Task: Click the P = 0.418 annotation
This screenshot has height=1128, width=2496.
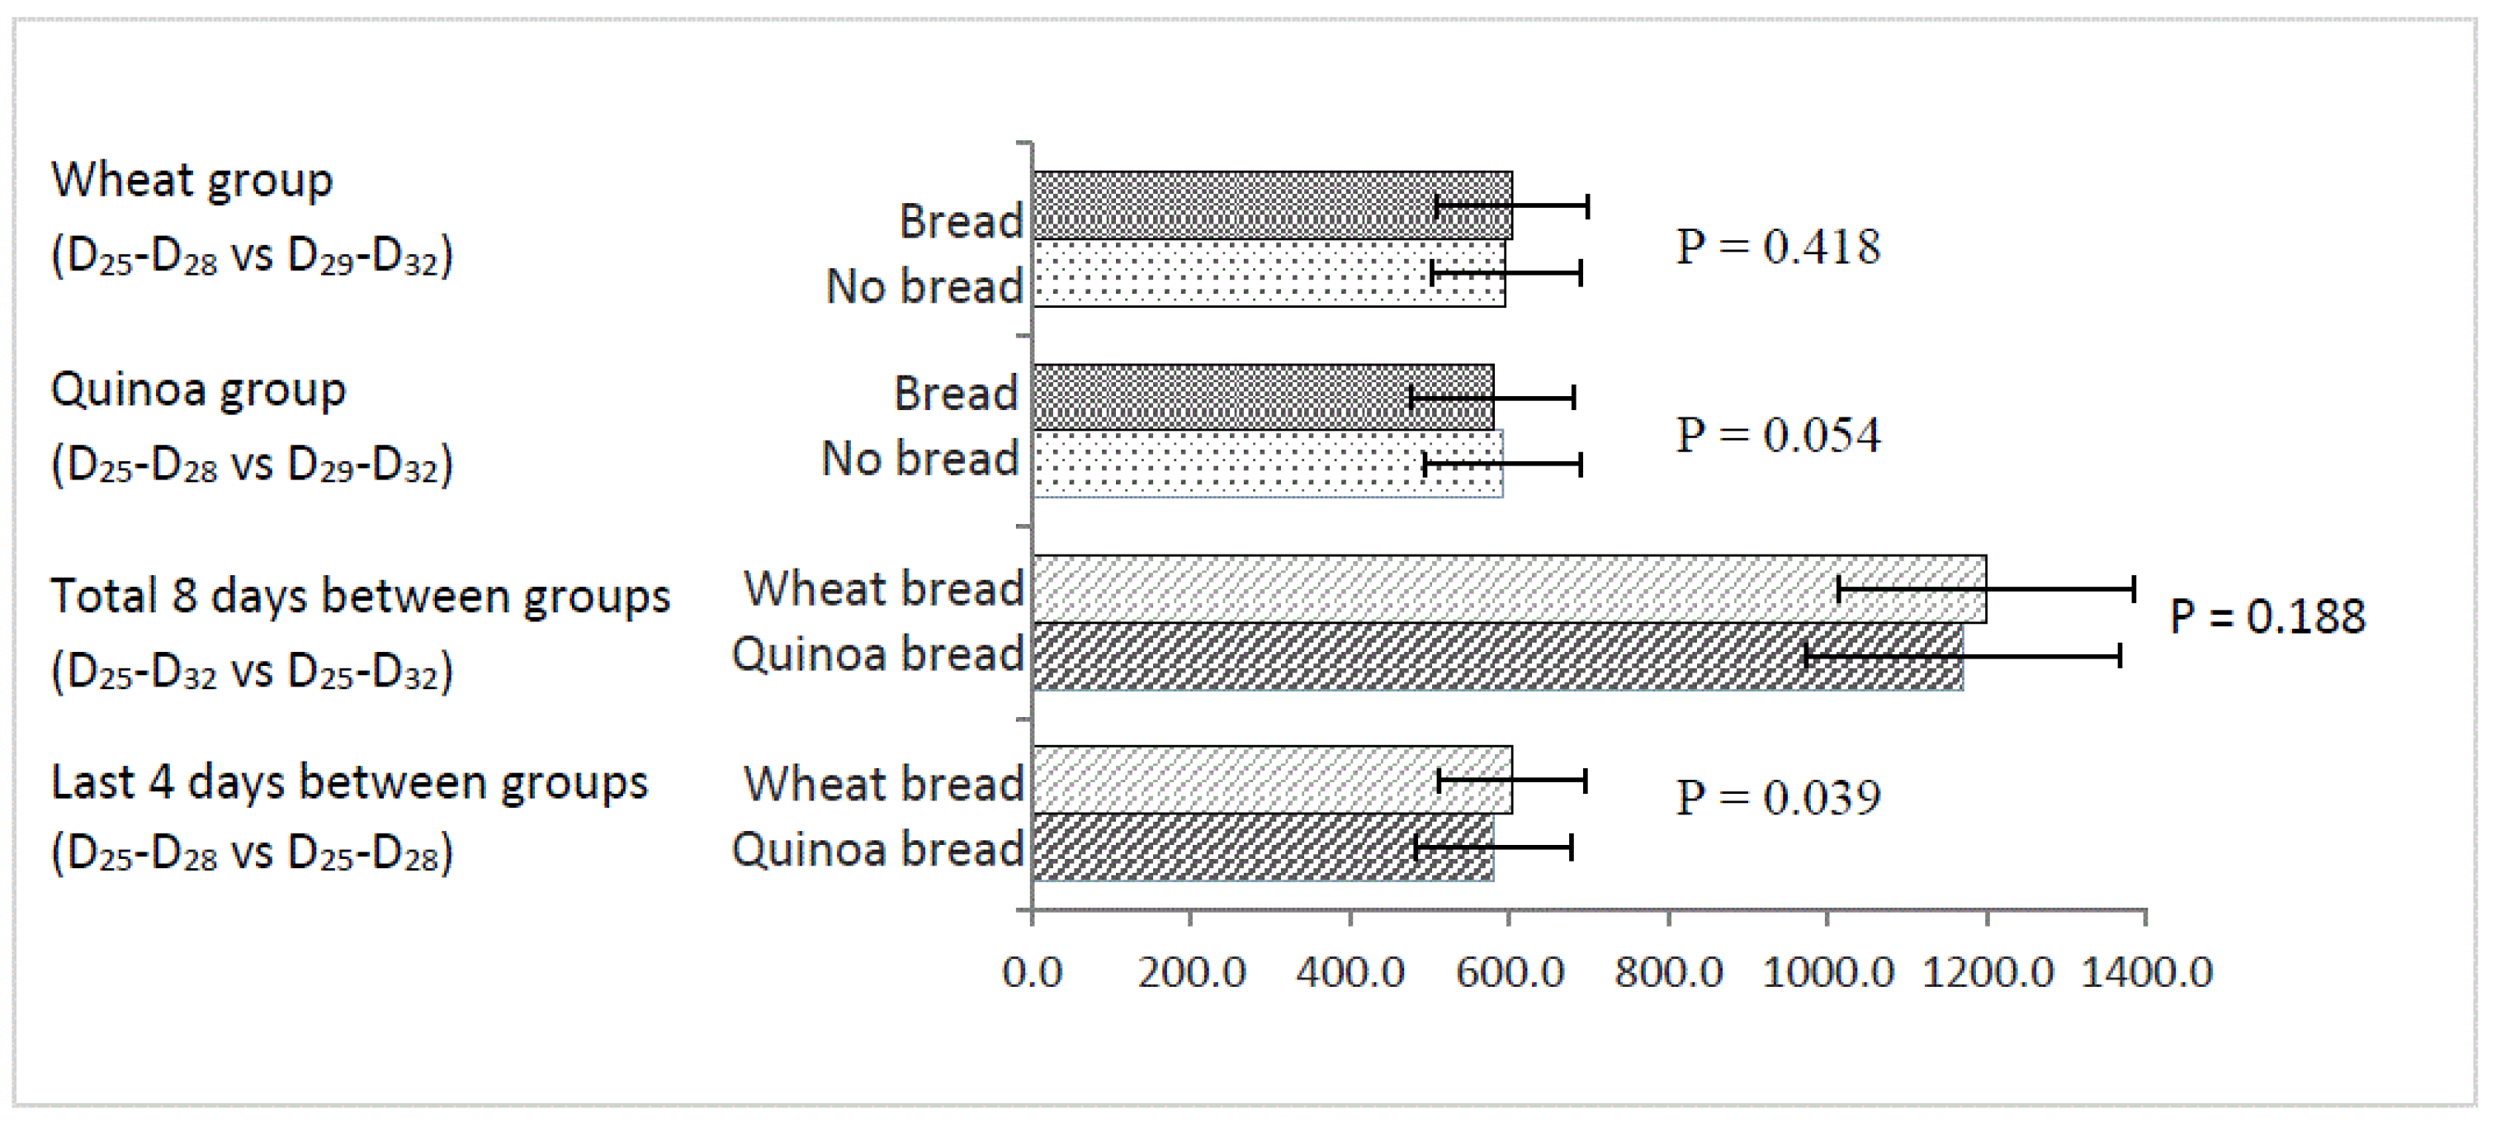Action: (x=1778, y=247)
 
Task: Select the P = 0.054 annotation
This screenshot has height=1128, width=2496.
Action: (x=1778, y=435)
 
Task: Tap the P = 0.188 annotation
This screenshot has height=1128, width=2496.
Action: (x=2267, y=616)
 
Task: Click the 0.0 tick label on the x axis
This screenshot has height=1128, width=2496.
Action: (x=1032, y=972)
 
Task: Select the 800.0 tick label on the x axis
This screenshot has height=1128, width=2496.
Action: (x=1668, y=972)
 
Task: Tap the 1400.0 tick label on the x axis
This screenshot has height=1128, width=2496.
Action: (x=2146, y=972)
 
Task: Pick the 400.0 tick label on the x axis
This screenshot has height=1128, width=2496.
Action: (x=1350, y=972)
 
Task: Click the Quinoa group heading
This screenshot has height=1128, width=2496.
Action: (x=197, y=390)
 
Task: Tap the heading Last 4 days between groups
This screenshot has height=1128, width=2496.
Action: (x=349, y=783)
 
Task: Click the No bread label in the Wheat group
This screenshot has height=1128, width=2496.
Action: (x=924, y=287)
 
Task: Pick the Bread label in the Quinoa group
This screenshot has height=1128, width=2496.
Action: (x=955, y=394)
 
